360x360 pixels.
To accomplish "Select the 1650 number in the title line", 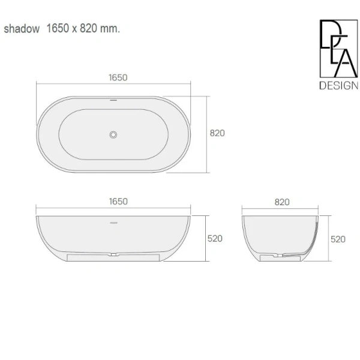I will point(58,29).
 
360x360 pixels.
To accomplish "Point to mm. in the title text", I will point(112,29).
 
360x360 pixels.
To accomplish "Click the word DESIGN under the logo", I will point(338,85).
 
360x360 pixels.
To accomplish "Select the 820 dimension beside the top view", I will point(217,133).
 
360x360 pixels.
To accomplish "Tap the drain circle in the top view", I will point(113,134).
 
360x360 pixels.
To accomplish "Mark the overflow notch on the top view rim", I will point(113,97).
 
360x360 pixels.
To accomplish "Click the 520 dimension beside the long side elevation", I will point(215,238).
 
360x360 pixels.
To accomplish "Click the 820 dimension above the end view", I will point(282,202).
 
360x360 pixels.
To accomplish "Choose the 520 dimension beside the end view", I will point(338,238).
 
